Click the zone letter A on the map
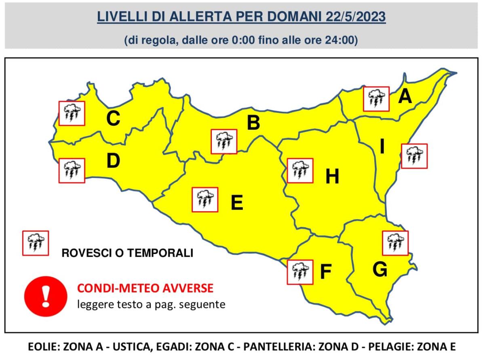[405, 97]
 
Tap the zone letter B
[253, 123]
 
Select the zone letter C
[113, 119]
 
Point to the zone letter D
[113, 161]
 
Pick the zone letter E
[237, 203]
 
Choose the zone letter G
[380, 270]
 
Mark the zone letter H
[332, 177]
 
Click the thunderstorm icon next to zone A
[376, 99]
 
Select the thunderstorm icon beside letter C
[72, 113]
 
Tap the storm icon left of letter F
[300, 272]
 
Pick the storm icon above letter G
[395, 243]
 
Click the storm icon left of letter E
[205, 199]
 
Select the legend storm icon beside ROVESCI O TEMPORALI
[36, 243]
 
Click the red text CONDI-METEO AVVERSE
[145, 288]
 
